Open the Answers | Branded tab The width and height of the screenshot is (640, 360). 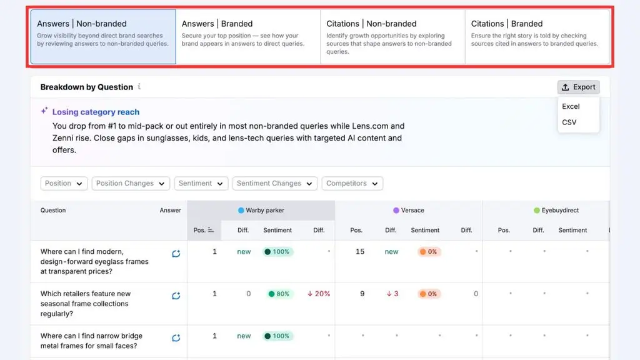pyautogui.click(x=247, y=37)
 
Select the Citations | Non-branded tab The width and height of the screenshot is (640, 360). pyautogui.click(x=392, y=37)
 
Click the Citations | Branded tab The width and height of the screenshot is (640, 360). pyautogui.click(x=537, y=37)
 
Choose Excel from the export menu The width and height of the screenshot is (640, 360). pyautogui.click(x=571, y=106)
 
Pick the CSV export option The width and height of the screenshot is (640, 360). pyautogui.click(x=569, y=122)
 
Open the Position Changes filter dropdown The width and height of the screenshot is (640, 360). pyautogui.click(x=130, y=183)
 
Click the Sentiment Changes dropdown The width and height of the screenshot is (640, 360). pyautogui.click(x=275, y=183)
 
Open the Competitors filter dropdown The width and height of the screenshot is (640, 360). pyautogui.click(x=352, y=183)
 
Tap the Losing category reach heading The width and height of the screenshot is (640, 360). pyautogui.click(x=96, y=112)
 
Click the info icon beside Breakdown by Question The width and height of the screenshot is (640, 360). pyautogui.click(x=139, y=86)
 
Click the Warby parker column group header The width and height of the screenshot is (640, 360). pyautogui.click(x=261, y=210)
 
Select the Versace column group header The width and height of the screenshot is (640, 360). pyautogui.click(x=408, y=210)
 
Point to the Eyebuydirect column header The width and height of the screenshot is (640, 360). pyautogui.click(x=556, y=210)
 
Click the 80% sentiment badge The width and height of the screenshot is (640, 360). pyautogui.click(x=279, y=294)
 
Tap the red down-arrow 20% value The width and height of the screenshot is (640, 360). pyautogui.click(x=318, y=294)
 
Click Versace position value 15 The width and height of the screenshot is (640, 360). pyautogui.click(x=359, y=251)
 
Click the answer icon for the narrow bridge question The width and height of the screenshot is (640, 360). pyautogui.click(x=176, y=338)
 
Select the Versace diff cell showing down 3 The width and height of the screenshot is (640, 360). pyautogui.click(x=392, y=294)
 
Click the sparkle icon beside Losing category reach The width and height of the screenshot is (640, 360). pyautogui.click(x=44, y=111)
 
